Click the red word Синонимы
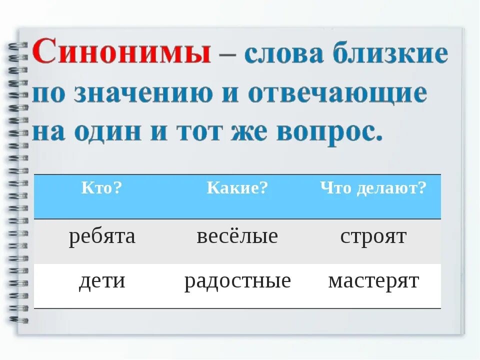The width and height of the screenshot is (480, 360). click(122, 53)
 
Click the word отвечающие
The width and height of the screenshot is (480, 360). click(338, 93)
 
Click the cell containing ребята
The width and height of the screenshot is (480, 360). click(102, 236)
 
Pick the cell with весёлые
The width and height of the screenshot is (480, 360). click(237, 236)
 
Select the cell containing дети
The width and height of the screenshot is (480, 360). click(102, 281)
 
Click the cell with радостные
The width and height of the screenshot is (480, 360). click(237, 281)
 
